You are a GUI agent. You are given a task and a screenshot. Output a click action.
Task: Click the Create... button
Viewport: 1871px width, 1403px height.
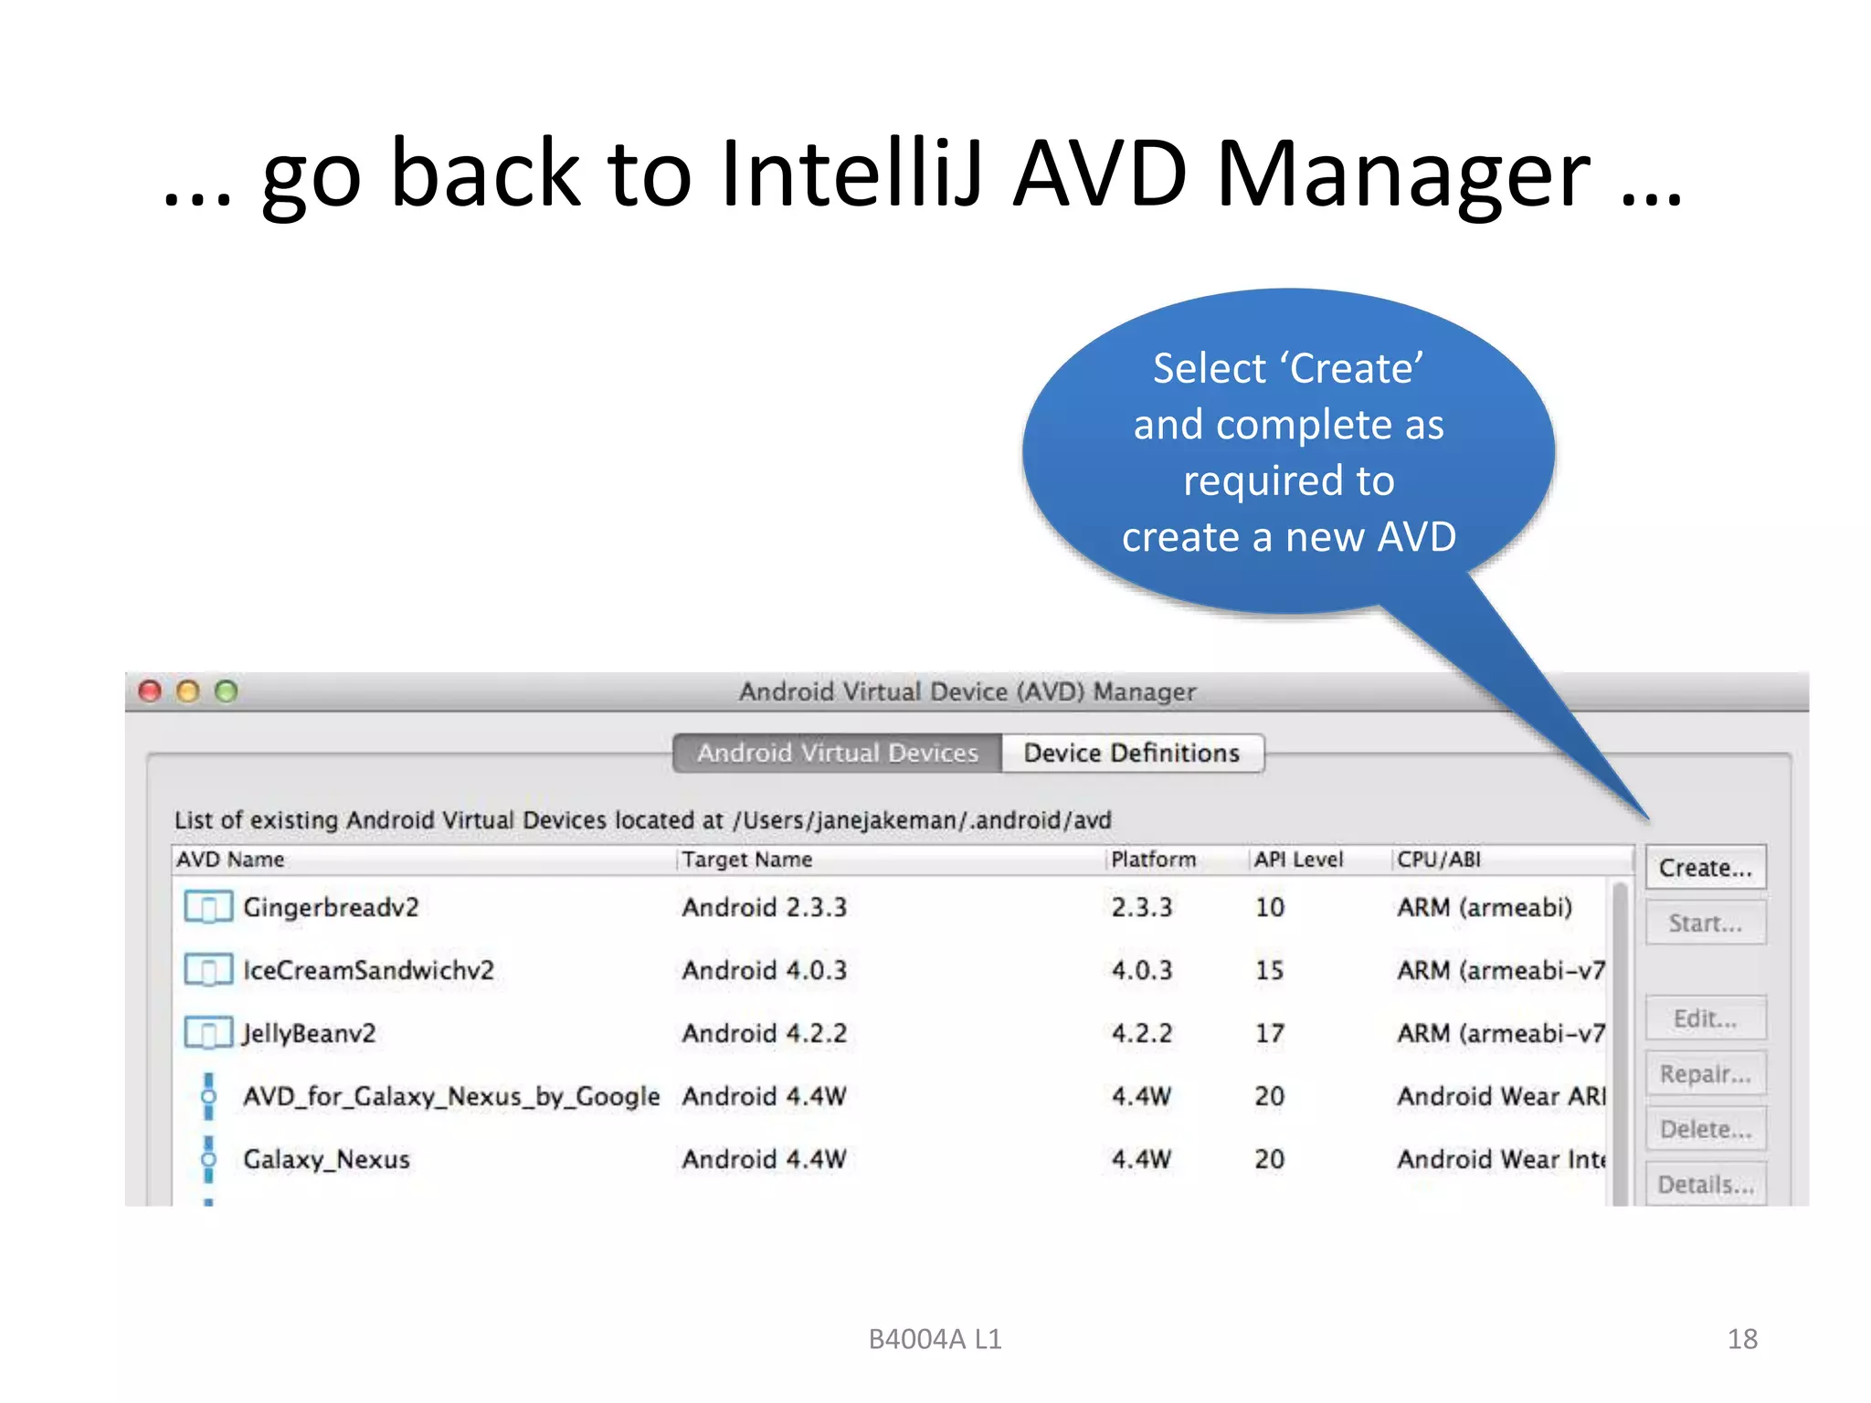coord(1705,868)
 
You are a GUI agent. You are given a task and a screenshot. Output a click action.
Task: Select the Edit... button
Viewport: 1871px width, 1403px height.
coord(1705,1018)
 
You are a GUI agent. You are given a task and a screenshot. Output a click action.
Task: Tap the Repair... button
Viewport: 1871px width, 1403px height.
coord(1705,1074)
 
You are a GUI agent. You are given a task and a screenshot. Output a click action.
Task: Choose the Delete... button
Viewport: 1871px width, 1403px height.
coord(1705,1130)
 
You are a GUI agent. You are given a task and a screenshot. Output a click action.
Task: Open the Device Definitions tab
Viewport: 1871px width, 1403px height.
coord(1131,754)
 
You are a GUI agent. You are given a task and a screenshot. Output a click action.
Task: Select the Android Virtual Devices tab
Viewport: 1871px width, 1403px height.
coord(837,754)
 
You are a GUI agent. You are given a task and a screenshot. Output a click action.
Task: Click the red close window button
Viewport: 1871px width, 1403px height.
coord(150,691)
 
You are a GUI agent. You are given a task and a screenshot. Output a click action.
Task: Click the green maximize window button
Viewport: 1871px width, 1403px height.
coord(226,691)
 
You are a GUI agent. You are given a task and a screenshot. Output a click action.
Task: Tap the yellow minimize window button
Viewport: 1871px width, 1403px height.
coord(188,691)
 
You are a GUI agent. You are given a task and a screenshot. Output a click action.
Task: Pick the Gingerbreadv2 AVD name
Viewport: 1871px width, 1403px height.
coord(331,908)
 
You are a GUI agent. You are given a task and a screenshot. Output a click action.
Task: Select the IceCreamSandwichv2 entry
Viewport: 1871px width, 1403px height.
coord(368,970)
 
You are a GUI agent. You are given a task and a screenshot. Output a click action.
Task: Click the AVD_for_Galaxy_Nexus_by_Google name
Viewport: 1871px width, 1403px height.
coord(451,1096)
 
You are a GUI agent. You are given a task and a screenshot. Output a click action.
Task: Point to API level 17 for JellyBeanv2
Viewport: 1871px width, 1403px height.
coord(1269,1034)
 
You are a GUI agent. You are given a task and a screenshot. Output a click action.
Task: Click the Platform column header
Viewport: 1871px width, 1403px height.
coord(1153,860)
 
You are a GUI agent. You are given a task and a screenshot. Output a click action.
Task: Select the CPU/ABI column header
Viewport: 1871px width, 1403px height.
coord(1439,860)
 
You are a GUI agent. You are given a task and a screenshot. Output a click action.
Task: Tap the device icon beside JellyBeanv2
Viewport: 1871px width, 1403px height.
coord(207,1033)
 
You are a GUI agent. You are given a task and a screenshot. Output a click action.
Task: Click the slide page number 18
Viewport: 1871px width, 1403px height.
coord(1742,1339)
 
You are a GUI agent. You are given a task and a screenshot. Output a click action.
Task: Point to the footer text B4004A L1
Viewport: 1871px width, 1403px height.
coord(935,1339)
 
